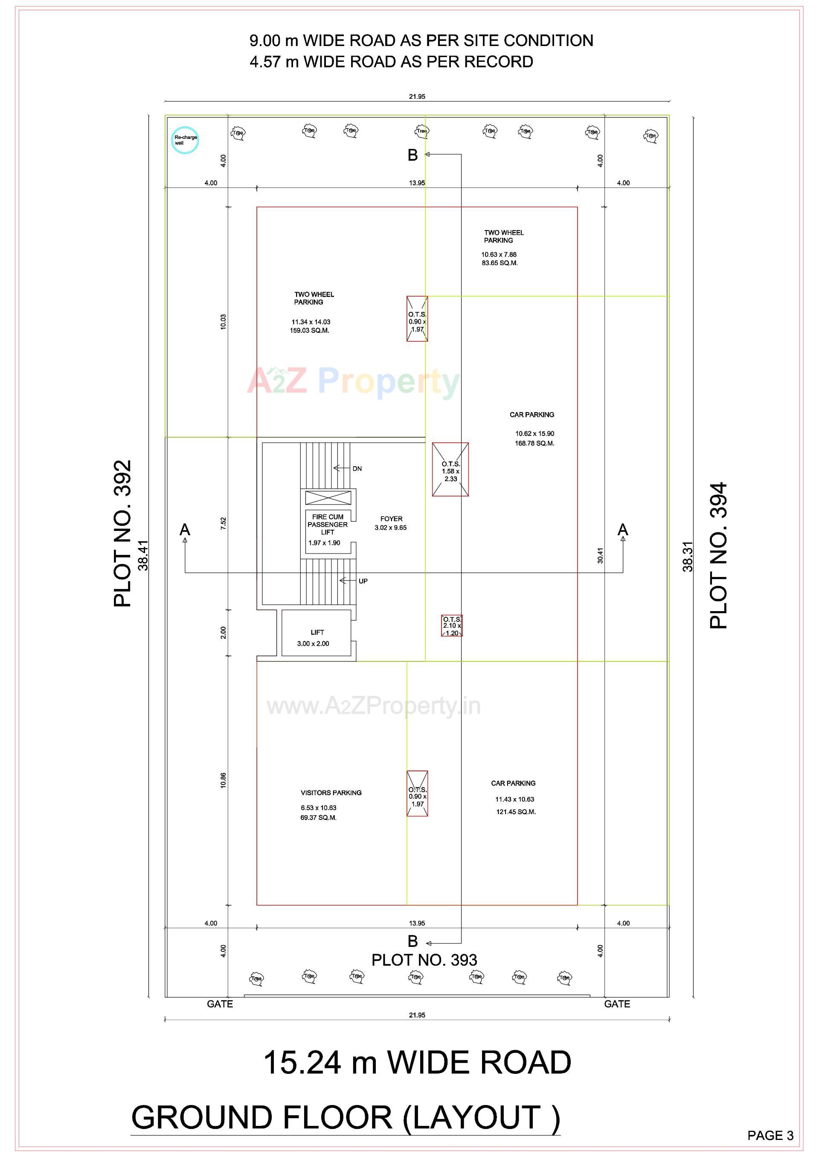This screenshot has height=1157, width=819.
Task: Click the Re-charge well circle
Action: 186,140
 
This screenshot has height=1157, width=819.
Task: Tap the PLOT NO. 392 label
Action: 122,534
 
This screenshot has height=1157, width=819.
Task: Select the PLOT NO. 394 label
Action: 718,556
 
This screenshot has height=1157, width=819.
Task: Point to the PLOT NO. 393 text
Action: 424,960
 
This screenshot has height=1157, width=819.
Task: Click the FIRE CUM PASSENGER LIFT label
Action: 327,525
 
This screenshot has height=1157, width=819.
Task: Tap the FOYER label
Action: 391,519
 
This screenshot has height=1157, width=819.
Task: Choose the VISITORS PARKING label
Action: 331,793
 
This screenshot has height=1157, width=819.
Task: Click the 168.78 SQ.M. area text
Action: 534,444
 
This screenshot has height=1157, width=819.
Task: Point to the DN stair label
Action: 357,469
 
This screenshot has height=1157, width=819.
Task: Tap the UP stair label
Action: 363,581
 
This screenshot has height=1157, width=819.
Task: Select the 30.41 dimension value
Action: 600,556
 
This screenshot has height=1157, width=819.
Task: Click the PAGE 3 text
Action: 770,1135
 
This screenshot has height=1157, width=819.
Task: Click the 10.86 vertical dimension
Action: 223,780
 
